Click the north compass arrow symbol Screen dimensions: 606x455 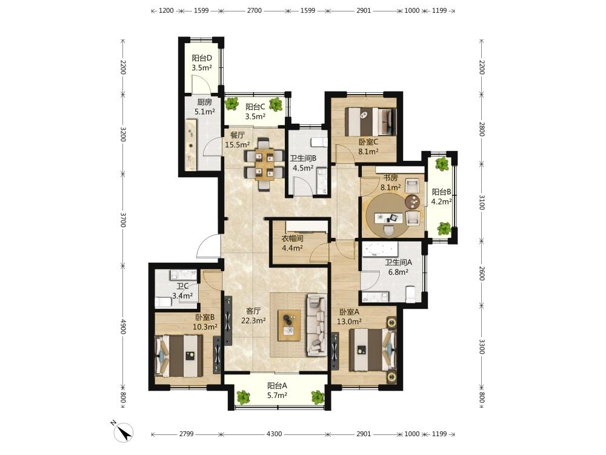pos(124,432)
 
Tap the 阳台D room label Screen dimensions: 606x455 pos(202,58)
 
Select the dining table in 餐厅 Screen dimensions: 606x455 pos(264,164)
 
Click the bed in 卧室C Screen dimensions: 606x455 pos(371,121)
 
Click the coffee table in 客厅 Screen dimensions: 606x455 pos(289,325)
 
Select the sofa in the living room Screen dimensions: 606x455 pos(316,325)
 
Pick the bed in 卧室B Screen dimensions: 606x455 pos(179,356)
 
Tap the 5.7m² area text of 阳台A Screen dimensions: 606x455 pos(277,396)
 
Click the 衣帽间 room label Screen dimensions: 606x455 pos(292,238)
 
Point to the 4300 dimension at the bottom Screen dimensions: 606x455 pos(274,434)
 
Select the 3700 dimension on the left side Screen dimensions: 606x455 pos(123,220)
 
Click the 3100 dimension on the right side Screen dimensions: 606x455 pos(482,203)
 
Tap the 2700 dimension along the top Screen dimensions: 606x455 pos(255,10)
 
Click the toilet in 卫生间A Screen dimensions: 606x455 pos(410,294)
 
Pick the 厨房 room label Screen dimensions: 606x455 pos(204,102)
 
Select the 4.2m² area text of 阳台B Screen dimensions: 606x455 pos(441,201)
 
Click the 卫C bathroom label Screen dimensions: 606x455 pos(182,286)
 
